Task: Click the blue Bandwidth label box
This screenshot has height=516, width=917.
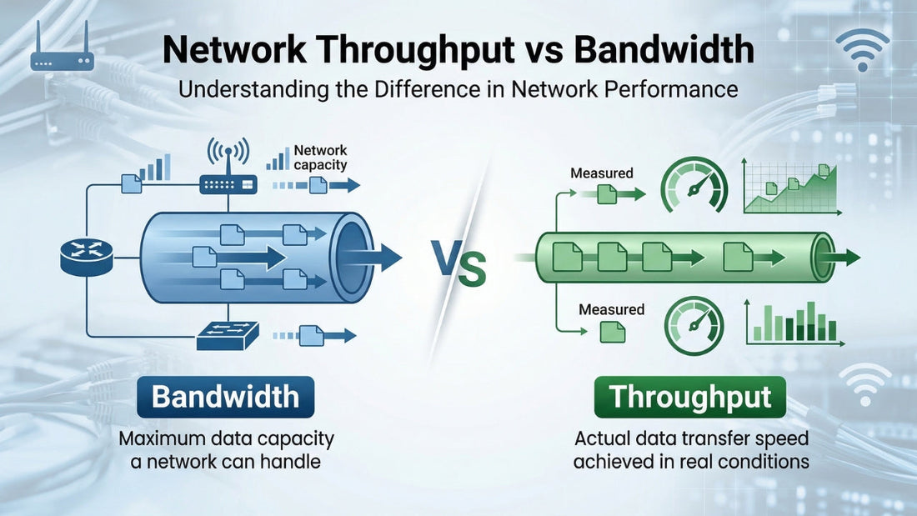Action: point(225,397)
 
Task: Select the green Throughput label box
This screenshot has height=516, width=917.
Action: point(689,397)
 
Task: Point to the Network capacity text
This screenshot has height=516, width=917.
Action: point(320,158)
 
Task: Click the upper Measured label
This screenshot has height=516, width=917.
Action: point(601,173)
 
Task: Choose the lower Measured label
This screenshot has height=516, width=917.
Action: point(612,309)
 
